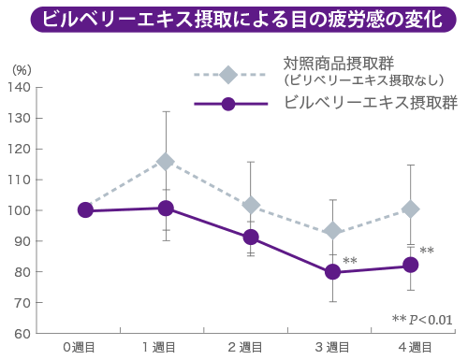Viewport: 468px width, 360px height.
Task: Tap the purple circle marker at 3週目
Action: coord(332,272)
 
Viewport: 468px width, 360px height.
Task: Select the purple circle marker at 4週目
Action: coord(410,265)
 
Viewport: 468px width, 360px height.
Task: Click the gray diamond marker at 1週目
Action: coord(166,162)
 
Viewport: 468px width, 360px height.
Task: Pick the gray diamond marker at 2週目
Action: coord(250,205)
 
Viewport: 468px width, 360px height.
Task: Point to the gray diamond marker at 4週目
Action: coord(410,209)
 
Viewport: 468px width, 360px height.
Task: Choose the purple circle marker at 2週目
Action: coord(250,238)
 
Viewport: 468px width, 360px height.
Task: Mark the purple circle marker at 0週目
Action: coord(85,210)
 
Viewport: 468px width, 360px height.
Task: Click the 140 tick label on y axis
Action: coord(20,87)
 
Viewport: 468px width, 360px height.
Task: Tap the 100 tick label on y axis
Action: coord(20,210)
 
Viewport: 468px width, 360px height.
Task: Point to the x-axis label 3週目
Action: coord(332,348)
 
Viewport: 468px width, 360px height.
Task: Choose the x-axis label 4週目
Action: coord(411,348)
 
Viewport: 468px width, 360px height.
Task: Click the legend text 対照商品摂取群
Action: coord(337,64)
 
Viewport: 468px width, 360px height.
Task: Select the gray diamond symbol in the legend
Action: coord(227,73)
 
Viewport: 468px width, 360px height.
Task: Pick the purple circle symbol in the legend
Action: coord(227,104)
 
